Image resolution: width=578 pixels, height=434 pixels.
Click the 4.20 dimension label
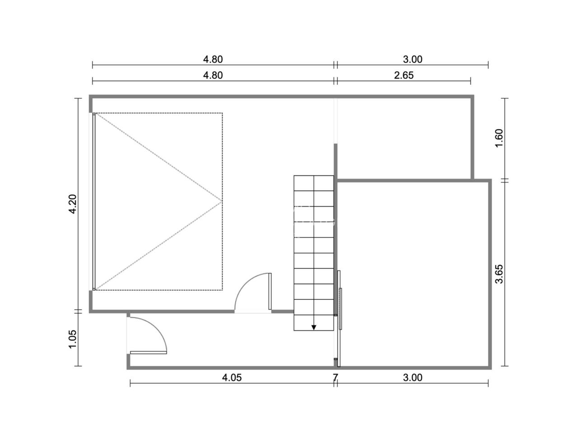tap(72, 204)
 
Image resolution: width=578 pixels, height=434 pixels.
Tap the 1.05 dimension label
tap(72, 339)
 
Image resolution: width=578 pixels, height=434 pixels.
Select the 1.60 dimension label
tap(499, 138)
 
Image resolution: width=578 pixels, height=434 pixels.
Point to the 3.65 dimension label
tap(499, 274)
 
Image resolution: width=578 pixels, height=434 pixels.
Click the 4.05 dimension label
tap(232, 377)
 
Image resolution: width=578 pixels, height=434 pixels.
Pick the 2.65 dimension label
tap(404, 75)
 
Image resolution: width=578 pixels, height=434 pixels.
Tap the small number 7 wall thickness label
tap(335, 377)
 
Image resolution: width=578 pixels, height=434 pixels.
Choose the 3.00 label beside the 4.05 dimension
tap(413, 377)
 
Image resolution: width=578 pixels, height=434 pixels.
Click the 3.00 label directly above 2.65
tap(413, 59)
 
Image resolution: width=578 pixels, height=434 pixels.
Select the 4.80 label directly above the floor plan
tap(213, 75)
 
